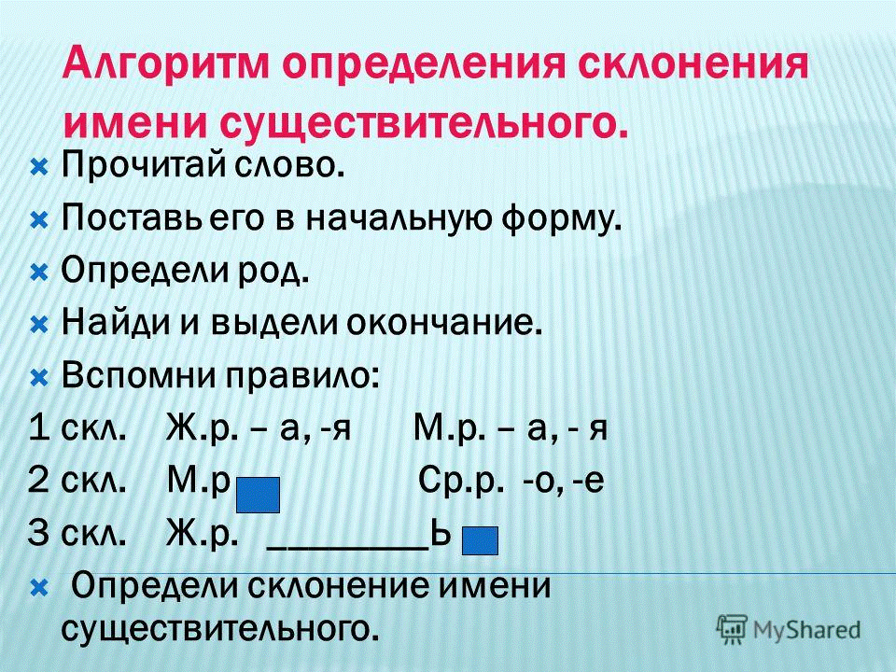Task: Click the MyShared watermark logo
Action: click(x=790, y=627)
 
